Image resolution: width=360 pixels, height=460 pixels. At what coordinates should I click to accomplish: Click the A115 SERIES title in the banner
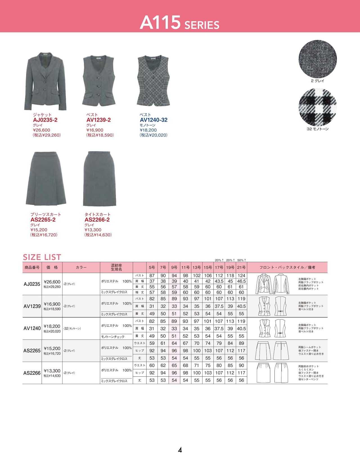pyautogui.click(x=179, y=23)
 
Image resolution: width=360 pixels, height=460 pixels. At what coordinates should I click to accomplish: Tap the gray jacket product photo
pyautogui.click(x=46, y=82)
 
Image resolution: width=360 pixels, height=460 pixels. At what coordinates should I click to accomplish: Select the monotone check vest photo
pyautogui.click(x=153, y=81)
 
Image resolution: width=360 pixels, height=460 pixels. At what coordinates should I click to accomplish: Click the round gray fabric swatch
pyautogui.click(x=318, y=59)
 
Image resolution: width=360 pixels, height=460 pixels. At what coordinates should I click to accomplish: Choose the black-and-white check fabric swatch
pyautogui.click(x=318, y=107)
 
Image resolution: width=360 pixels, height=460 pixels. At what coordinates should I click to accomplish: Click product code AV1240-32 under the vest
pyautogui.click(x=154, y=120)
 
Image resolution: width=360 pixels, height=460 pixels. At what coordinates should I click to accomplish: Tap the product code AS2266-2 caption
pyautogui.click(x=97, y=220)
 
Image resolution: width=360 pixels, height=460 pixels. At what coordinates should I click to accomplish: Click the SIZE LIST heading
pyautogui.click(x=42, y=257)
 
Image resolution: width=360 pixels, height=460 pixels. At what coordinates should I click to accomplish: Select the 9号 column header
pyautogui.click(x=174, y=267)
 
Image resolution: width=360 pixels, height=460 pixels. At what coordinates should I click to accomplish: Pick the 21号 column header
pyautogui.click(x=241, y=267)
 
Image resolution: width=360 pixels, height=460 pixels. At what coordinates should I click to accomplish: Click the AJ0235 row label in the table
pyautogui.click(x=32, y=284)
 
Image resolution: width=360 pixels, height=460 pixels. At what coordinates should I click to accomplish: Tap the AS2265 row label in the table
pyautogui.click(x=32, y=350)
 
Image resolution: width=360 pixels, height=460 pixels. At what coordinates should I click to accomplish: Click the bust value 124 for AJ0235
pyautogui.click(x=241, y=276)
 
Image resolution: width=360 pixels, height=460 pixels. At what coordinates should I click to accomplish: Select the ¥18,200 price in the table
pyautogui.click(x=52, y=326)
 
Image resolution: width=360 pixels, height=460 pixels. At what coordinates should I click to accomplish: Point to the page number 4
pyautogui.click(x=180, y=450)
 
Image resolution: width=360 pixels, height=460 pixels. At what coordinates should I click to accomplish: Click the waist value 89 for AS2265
pyautogui.click(x=241, y=343)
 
